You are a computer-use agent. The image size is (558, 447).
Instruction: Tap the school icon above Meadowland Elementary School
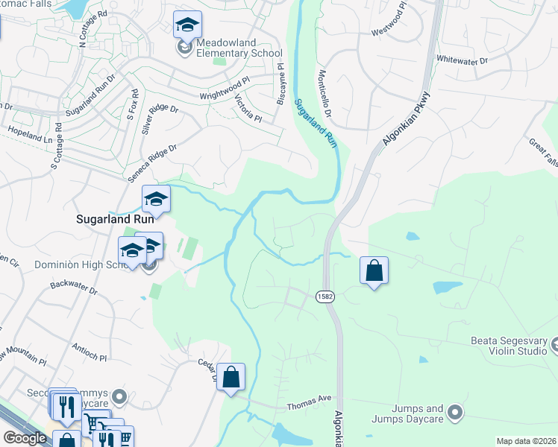click(187, 26)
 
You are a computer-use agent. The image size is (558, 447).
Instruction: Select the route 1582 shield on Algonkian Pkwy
click(325, 296)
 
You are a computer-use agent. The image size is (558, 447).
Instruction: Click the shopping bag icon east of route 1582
click(374, 270)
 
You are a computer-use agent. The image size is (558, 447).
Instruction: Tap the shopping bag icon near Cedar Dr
click(232, 378)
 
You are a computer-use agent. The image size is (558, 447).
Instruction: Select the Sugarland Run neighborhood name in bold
click(115, 220)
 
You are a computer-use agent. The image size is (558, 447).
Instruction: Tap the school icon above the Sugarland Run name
click(156, 200)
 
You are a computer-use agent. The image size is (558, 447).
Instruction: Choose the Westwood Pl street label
click(389, 30)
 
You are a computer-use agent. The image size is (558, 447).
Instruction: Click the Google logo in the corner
click(25, 438)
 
